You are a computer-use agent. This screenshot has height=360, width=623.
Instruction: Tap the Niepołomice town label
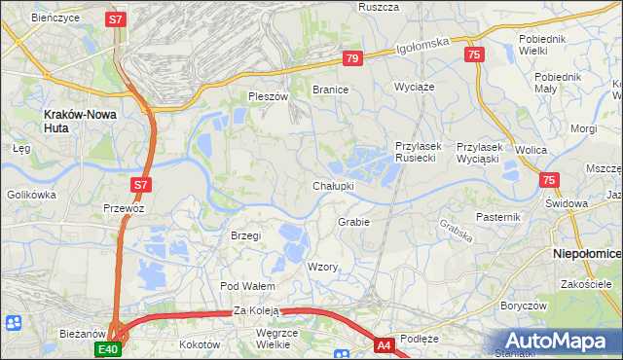pos(587,253)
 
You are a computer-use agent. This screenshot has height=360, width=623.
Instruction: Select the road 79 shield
pos(353,59)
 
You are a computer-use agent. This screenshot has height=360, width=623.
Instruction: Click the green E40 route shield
pos(108,348)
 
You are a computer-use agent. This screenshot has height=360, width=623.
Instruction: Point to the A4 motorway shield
pos(385,344)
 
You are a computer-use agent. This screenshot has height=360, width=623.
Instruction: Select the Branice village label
pos(330,89)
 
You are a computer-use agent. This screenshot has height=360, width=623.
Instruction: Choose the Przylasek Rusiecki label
pos(420,152)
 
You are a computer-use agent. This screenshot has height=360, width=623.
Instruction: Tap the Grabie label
pos(353,222)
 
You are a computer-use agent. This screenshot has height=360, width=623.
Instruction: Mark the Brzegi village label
pos(246,236)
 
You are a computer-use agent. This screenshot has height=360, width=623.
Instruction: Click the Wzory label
pos(322,267)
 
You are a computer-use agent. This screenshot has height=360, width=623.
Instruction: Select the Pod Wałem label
pos(247,286)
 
